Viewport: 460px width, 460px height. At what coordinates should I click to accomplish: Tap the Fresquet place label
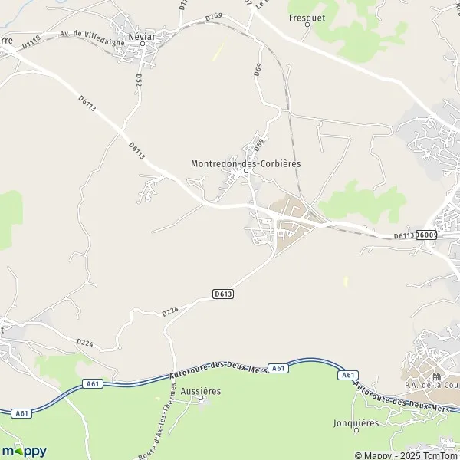click(307, 15)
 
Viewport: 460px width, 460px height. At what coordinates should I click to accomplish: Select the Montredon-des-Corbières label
click(245, 163)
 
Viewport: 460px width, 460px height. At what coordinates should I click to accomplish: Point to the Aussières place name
click(202, 391)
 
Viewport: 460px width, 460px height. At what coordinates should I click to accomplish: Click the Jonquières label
click(356, 422)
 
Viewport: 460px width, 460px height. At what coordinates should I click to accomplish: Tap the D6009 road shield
click(426, 235)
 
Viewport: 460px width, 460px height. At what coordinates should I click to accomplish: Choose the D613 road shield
click(223, 294)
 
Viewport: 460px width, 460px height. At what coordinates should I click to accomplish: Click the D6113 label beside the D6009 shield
click(403, 236)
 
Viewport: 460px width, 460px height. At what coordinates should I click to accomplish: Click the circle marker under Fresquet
click(307, 25)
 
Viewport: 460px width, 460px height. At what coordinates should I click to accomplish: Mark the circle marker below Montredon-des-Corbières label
click(245, 172)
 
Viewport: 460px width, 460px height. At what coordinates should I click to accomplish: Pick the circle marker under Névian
click(143, 44)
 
